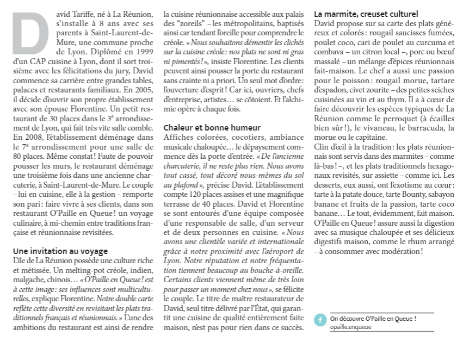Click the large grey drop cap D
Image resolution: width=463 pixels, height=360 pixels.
(29, 33)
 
